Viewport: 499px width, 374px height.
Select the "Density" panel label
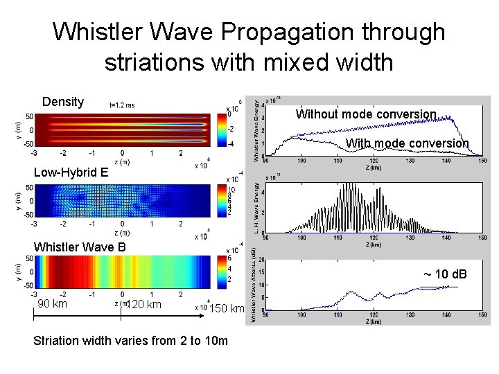[63, 102]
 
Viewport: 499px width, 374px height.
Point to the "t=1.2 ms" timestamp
[122, 105]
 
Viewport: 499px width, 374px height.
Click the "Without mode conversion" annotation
[366, 114]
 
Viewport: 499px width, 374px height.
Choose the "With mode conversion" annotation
[408, 143]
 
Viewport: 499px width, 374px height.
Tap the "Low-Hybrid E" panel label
[71, 172]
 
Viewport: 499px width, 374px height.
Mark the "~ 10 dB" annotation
[445, 275]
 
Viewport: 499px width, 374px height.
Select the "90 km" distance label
[52, 304]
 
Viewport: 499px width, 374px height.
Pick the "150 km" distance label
[227, 308]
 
